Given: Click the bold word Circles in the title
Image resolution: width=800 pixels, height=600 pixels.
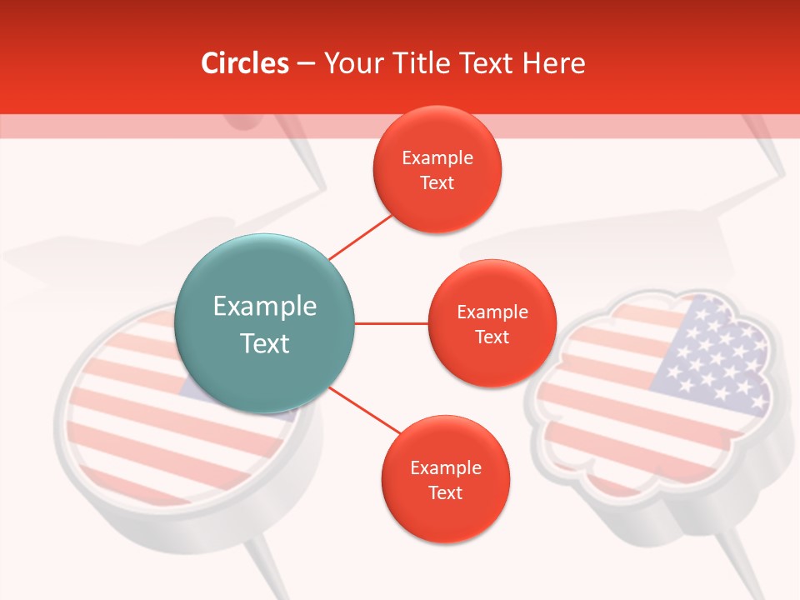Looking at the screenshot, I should click(244, 63).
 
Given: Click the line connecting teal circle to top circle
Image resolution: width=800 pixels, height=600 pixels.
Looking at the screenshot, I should click(360, 237).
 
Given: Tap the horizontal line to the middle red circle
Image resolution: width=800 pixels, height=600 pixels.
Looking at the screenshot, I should click(391, 323).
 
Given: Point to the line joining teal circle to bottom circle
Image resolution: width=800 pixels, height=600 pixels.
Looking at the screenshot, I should click(365, 409).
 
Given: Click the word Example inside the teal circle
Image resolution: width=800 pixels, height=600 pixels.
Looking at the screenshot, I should click(264, 307).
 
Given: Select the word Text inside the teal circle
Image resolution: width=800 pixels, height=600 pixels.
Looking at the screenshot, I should click(264, 343).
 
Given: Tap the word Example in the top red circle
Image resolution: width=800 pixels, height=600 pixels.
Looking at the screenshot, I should click(437, 158).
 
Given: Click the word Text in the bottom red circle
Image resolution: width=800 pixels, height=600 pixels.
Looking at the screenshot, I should click(445, 493).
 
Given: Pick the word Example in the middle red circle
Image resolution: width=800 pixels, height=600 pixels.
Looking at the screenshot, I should click(492, 312).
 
